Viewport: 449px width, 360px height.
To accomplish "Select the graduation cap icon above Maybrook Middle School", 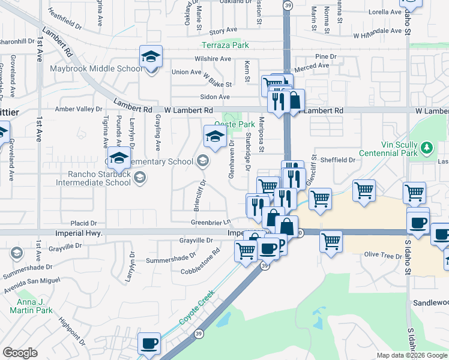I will pyautogui.click(x=150, y=57).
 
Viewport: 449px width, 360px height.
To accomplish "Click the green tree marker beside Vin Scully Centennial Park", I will pyautogui.click(x=427, y=147).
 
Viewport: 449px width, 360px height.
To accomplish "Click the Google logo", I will pyautogui.click(x=20, y=353).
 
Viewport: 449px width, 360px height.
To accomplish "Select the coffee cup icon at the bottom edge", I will pyautogui.click(x=149, y=344).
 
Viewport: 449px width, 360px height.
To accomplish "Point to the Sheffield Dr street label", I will pyautogui.click(x=337, y=160).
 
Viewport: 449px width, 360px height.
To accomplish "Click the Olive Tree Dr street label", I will pyautogui.click(x=382, y=256).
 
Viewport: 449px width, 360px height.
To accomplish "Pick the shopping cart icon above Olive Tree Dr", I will pyautogui.click(x=331, y=241).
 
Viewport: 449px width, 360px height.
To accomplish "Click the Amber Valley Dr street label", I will pyautogui.click(x=79, y=109).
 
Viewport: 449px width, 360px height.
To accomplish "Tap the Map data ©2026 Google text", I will pyautogui.click(x=411, y=355).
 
